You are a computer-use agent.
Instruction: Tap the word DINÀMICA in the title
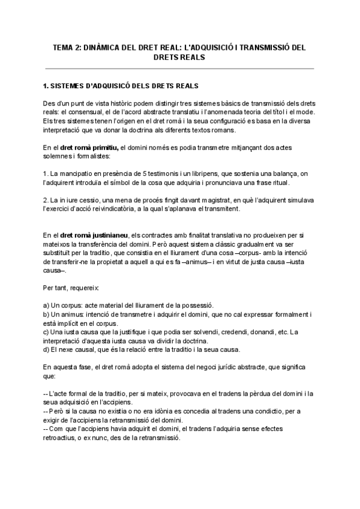102,47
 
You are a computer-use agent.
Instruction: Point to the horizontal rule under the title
179,68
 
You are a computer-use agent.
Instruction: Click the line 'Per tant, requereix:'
67,288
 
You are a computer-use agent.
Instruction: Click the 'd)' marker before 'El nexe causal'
47,350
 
